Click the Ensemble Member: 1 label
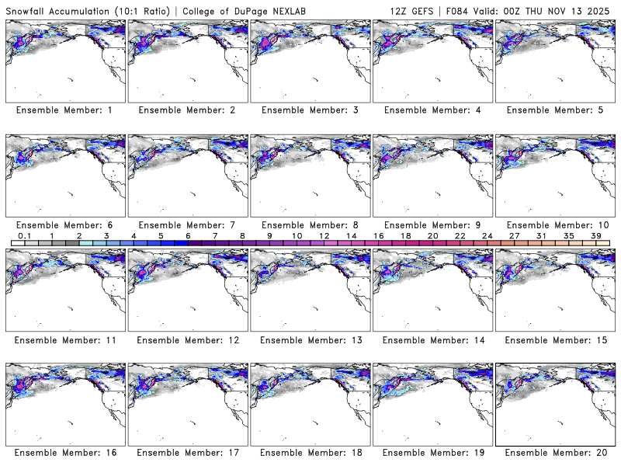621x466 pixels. (64, 110)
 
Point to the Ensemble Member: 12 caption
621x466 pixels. (186, 340)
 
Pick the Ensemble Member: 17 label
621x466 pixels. (186, 453)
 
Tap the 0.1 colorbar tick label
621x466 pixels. (24, 235)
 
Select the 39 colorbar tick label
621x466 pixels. (595, 235)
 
